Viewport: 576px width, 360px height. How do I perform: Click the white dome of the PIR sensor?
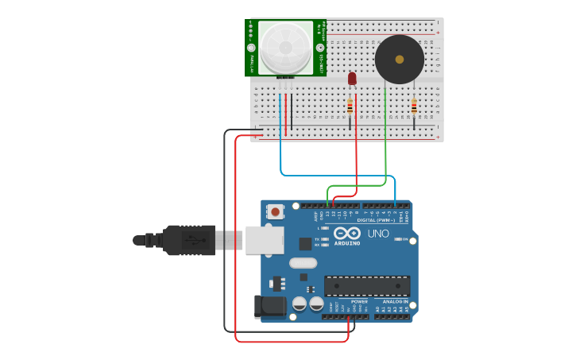(285, 48)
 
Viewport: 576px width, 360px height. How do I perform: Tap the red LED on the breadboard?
(352, 78)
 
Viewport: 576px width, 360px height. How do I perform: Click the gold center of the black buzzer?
(399, 59)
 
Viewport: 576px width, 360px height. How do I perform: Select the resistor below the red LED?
(350, 106)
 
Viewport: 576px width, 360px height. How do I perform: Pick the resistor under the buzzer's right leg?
(413, 106)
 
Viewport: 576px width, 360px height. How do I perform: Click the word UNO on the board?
(378, 234)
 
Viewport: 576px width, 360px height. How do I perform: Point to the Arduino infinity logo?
(347, 233)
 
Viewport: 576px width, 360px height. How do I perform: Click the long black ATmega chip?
(366, 285)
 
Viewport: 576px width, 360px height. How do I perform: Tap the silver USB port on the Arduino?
(264, 239)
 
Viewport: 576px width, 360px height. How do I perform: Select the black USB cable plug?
(188, 239)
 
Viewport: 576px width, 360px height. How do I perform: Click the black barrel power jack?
(269, 308)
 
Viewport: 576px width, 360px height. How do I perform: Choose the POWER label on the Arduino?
(359, 302)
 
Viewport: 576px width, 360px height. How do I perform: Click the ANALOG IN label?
(395, 302)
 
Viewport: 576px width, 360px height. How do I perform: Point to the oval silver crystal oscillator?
(303, 263)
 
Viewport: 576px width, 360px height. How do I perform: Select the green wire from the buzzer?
(385, 143)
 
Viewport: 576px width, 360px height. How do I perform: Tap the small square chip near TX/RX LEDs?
(305, 244)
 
